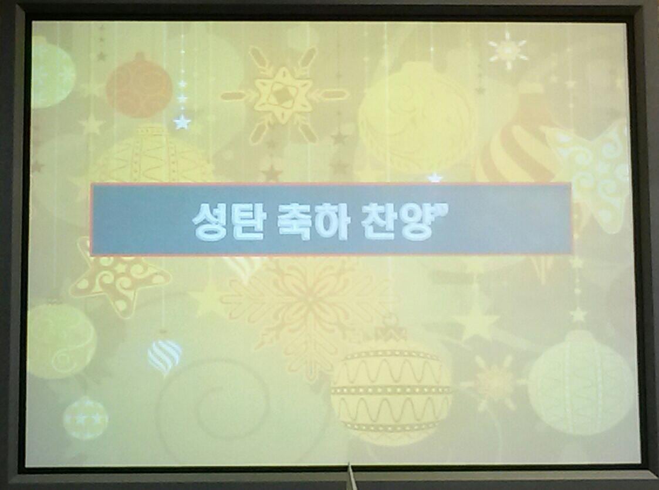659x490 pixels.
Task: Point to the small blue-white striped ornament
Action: [x=164, y=357]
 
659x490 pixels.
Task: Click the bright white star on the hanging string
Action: [x=182, y=122]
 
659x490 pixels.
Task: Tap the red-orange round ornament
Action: [x=139, y=86]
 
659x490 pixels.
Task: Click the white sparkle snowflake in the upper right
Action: [x=507, y=50]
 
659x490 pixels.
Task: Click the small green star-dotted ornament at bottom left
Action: [x=86, y=418]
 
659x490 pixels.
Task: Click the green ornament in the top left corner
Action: [x=51, y=72]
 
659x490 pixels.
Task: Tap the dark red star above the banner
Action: [x=272, y=173]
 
